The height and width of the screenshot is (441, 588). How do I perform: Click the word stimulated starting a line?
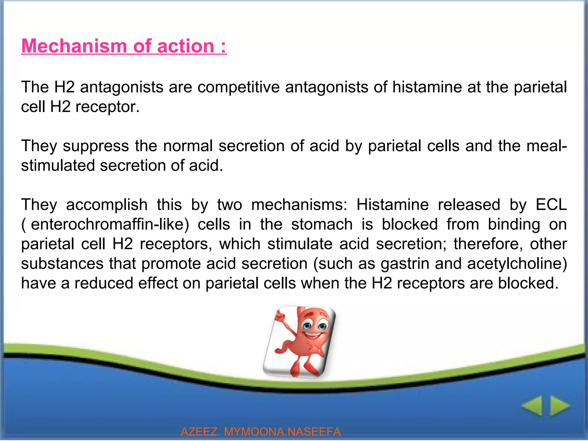58,166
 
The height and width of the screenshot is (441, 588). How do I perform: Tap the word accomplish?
107,205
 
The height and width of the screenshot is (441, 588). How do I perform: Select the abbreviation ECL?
551,205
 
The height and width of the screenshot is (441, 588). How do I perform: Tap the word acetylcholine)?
517,264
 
